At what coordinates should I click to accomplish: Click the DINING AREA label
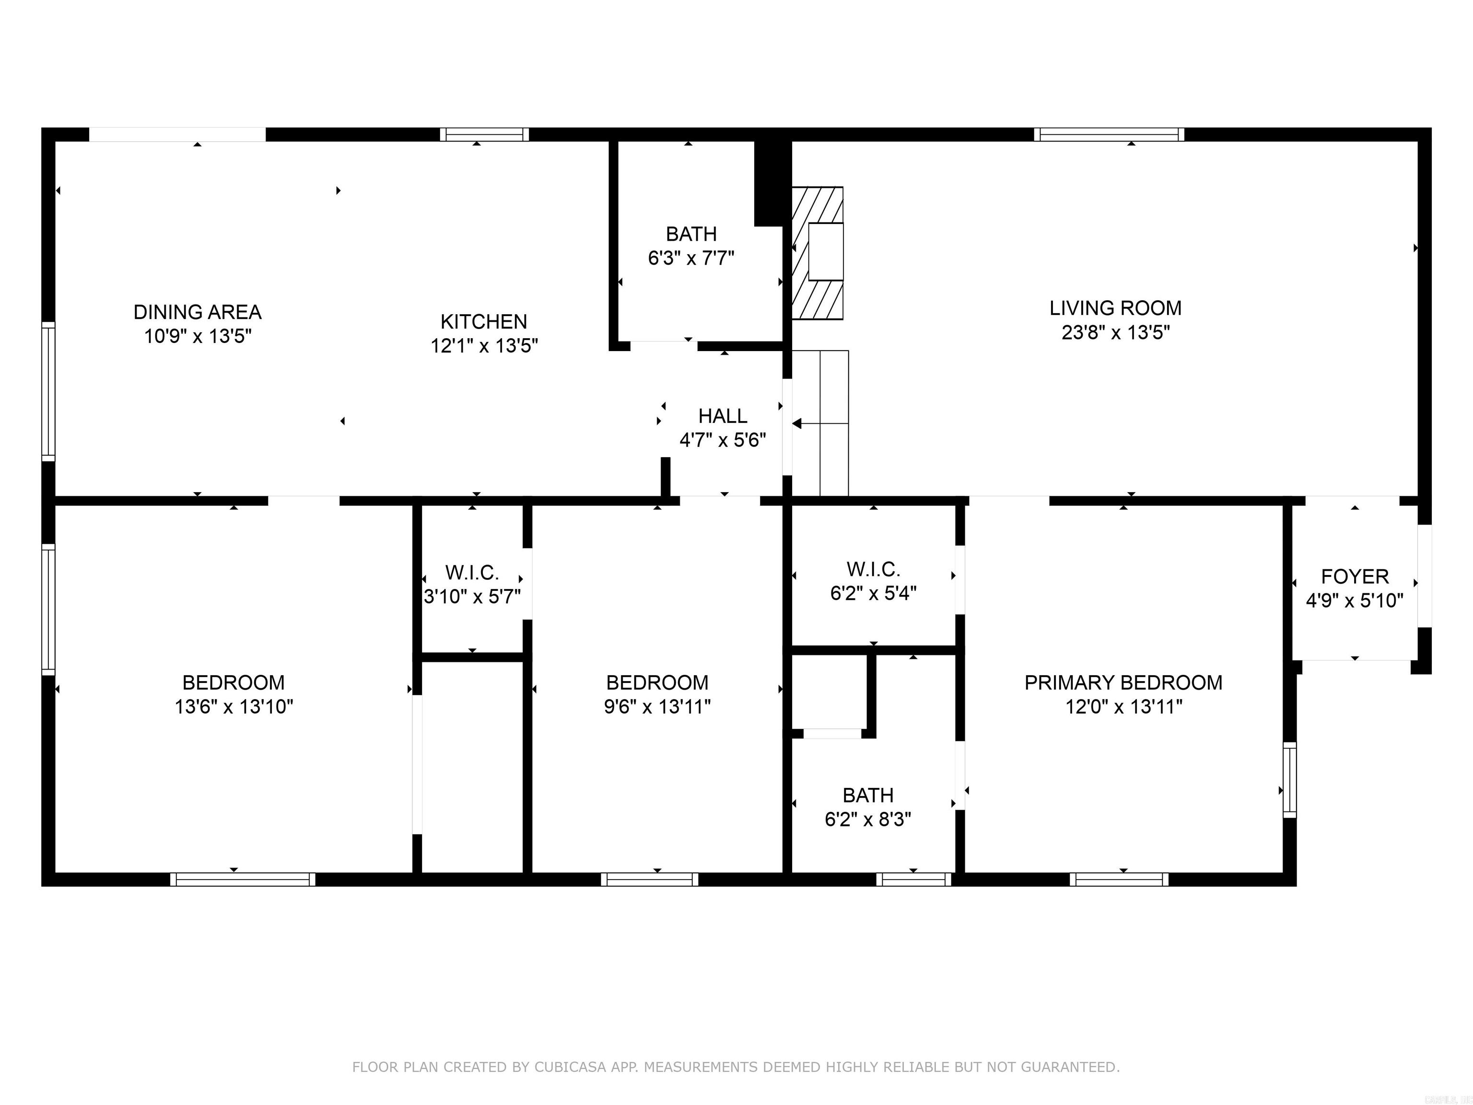(x=197, y=312)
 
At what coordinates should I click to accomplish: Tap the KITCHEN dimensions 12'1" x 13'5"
(x=484, y=346)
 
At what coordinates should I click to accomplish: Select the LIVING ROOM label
(x=1115, y=308)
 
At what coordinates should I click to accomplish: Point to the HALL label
(x=723, y=416)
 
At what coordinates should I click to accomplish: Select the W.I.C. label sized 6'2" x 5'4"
(x=873, y=569)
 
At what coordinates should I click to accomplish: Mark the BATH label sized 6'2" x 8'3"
(x=868, y=795)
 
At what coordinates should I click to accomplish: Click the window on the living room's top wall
(x=1109, y=135)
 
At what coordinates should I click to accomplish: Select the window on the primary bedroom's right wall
(x=1290, y=779)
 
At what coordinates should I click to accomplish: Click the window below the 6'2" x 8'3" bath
(x=913, y=879)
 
